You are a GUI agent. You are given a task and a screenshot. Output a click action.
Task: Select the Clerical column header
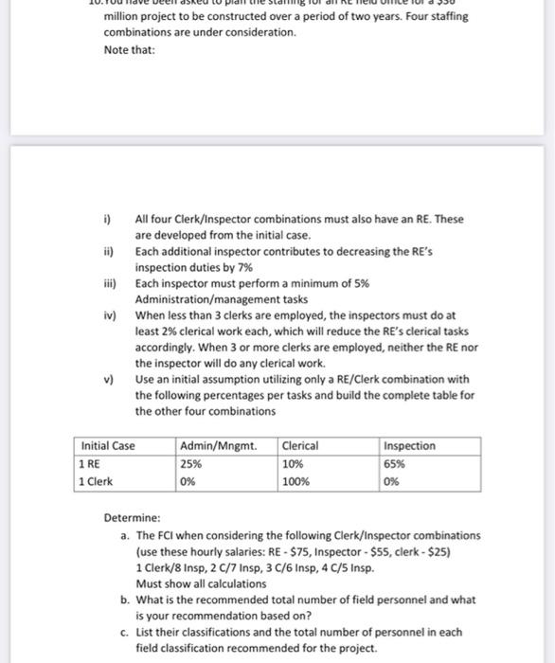click(x=300, y=446)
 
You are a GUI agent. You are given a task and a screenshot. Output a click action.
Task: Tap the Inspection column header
click(x=410, y=446)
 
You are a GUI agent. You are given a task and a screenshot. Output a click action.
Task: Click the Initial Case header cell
click(x=108, y=446)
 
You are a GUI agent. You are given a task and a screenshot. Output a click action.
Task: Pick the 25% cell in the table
click(x=189, y=463)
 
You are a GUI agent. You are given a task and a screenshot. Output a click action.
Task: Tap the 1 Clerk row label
click(x=98, y=480)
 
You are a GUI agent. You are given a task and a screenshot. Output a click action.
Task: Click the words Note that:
click(x=128, y=49)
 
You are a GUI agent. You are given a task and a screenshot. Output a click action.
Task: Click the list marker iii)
click(x=112, y=283)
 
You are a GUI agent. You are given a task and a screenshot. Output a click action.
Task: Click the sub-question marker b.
click(x=125, y=600)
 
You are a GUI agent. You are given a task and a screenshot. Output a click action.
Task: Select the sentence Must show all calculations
click(x=194, y=583)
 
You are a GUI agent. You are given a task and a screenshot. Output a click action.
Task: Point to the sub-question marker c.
click(x=125, y=632)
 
